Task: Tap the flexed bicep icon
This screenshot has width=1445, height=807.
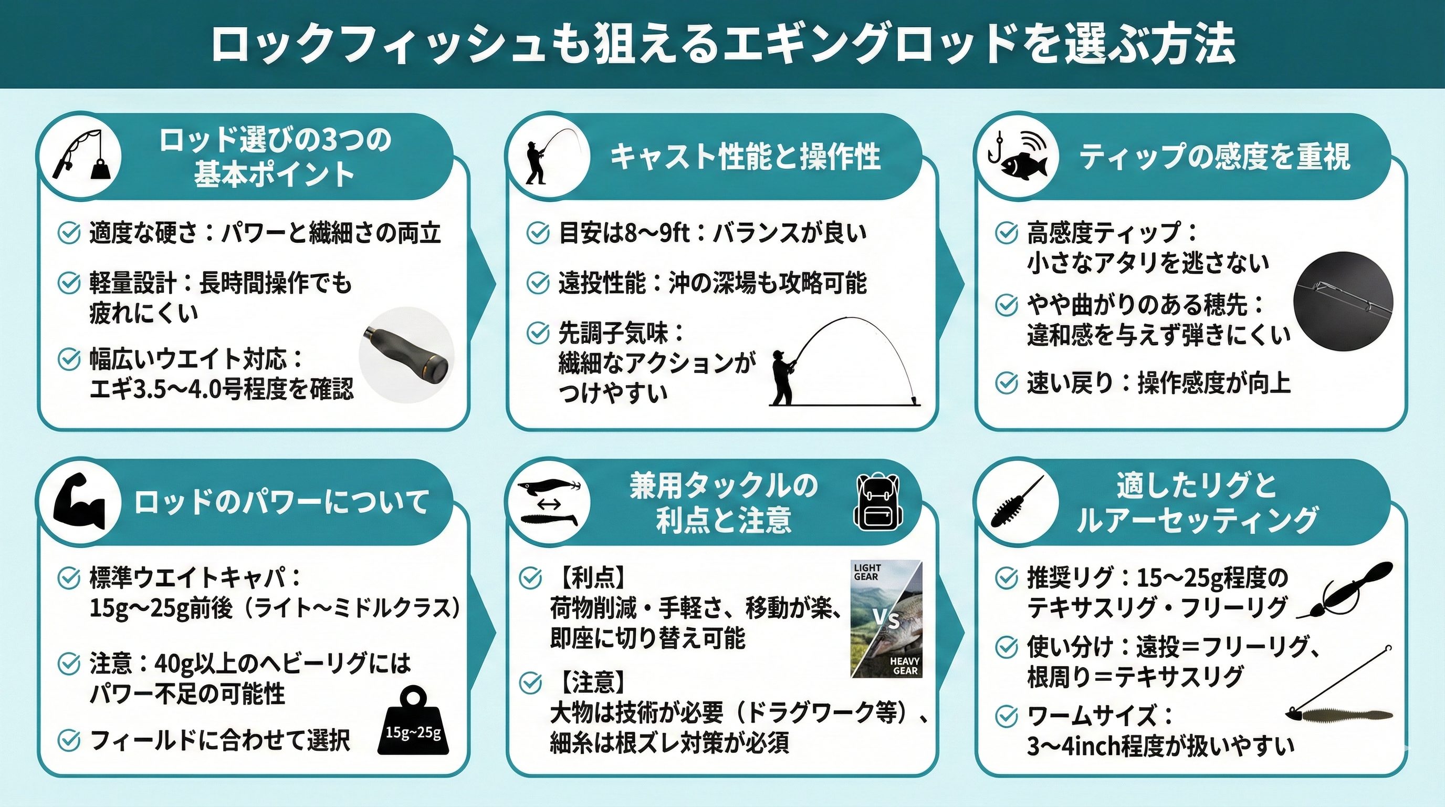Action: tap(79, 501)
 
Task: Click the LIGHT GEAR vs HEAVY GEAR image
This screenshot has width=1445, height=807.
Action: tap(886, 618)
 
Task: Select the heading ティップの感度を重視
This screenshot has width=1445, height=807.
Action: tap(1215, 157)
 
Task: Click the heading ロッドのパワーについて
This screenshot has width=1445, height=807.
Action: tap(281, 501)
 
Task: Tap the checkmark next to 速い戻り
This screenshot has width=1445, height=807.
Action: tap(1007, 384)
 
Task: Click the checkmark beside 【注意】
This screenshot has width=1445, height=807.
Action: tap(531, 683)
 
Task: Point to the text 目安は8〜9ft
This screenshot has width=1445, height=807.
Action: tap(624, 233)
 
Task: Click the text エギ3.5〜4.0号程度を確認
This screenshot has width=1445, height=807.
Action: tap(222, 388)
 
